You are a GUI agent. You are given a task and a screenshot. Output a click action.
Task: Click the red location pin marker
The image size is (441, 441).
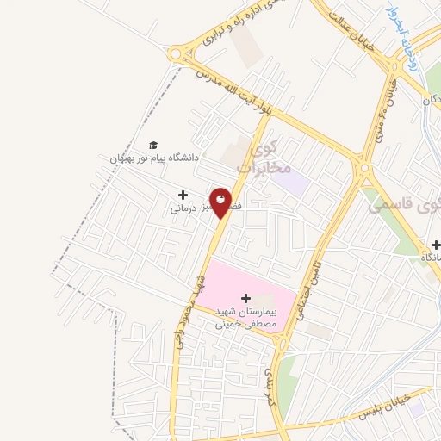pos(221,202)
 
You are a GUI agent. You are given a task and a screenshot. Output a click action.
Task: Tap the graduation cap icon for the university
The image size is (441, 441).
pos(153,145)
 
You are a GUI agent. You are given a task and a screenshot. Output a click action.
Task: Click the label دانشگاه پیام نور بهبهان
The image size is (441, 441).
pos(153,158)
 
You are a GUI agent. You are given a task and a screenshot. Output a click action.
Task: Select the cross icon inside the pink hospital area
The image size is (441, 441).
pos(245,297)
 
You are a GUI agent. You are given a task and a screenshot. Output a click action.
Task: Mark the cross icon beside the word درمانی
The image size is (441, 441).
pos(182,195)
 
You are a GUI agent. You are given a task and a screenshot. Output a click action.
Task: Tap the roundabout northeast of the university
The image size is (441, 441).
pos(177,54)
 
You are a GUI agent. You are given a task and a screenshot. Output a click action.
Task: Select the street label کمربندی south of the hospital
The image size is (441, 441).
pos(268,388)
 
